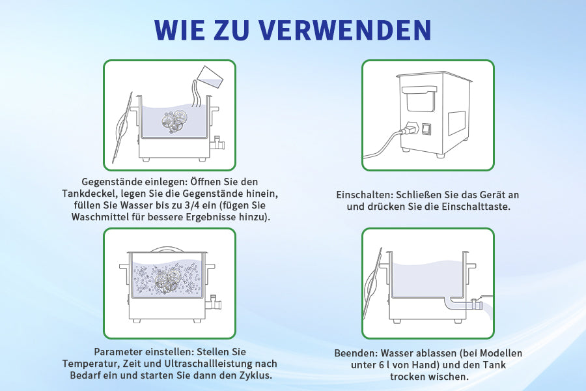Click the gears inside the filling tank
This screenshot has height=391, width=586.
(x=174, y=120)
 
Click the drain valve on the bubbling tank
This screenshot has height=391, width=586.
(x=214, y=302)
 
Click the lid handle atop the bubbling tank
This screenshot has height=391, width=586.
(x=167, y=248)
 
